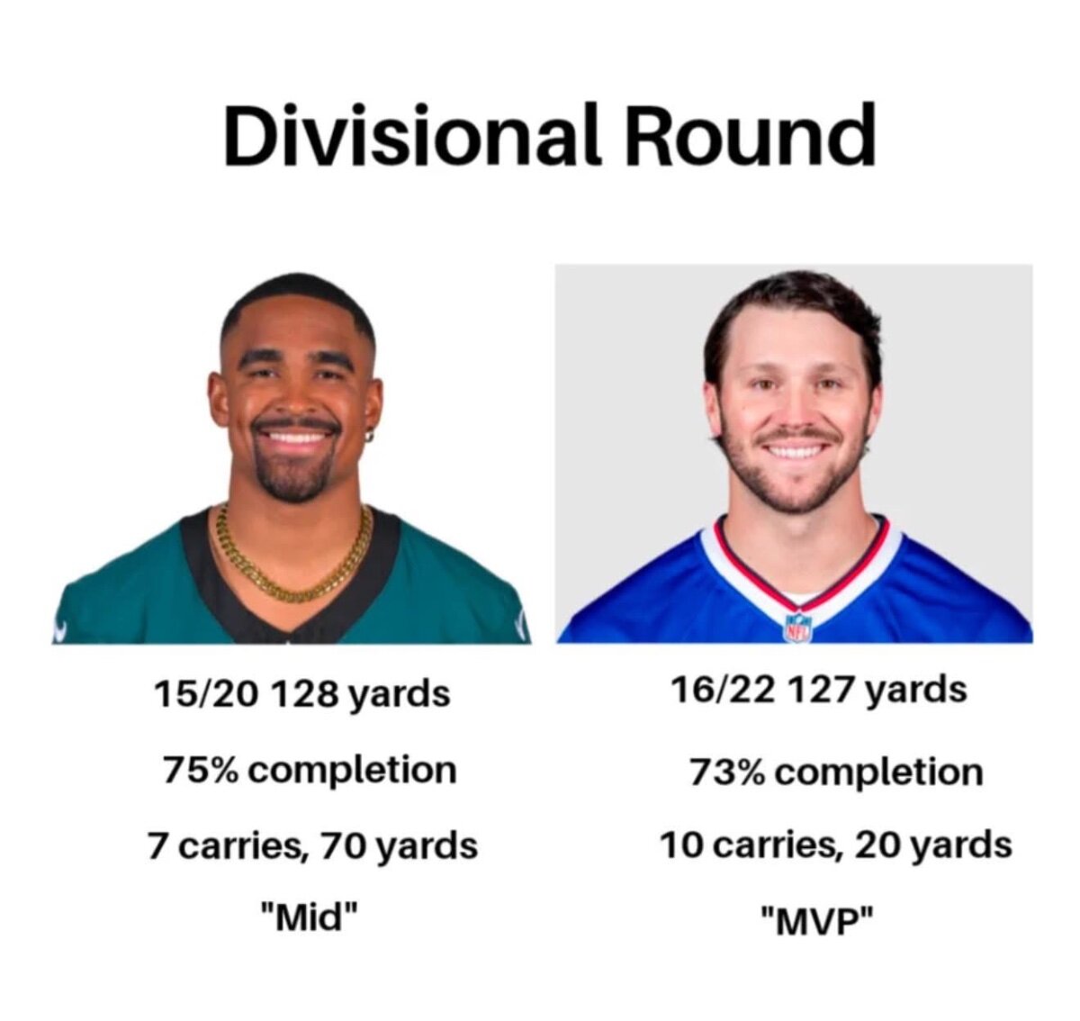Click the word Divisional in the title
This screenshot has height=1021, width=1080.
point(414,135)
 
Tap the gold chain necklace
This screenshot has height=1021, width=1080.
point(293,562)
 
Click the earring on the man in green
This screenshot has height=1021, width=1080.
point(370,437)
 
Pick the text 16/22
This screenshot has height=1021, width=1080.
point(722,690)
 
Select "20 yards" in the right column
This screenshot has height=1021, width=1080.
point(933,845)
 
